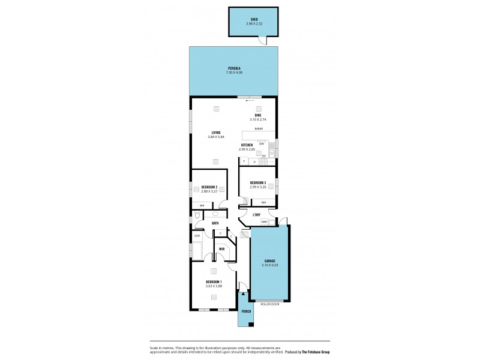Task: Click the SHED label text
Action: coord(254,19)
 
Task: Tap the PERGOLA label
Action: coord(234,68)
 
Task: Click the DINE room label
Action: coord(257,115)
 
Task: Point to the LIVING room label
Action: coord(215,133)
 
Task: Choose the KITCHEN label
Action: coord(247,145)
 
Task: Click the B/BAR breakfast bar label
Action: coord(259,129)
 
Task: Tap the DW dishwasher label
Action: coord(262,143)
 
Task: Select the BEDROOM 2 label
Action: coord(209,187)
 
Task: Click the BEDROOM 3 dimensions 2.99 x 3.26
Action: coord(258,187)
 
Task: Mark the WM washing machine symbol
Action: coord(264,222)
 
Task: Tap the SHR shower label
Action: coord(197,236)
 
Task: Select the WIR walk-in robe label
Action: coord(221,249)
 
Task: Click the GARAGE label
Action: coord(269,260)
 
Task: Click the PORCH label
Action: coord(245,312)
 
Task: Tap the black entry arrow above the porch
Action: coord(243,294)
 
